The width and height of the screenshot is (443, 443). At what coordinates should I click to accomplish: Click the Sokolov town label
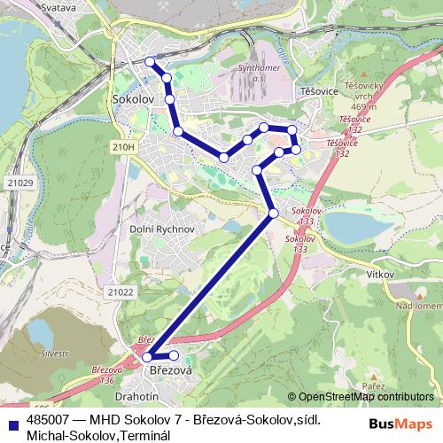(x=134, y=101)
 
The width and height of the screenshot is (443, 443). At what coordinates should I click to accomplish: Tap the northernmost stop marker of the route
(x=150, y=62)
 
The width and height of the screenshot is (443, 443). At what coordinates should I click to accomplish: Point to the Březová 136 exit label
(x=107, y=374)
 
